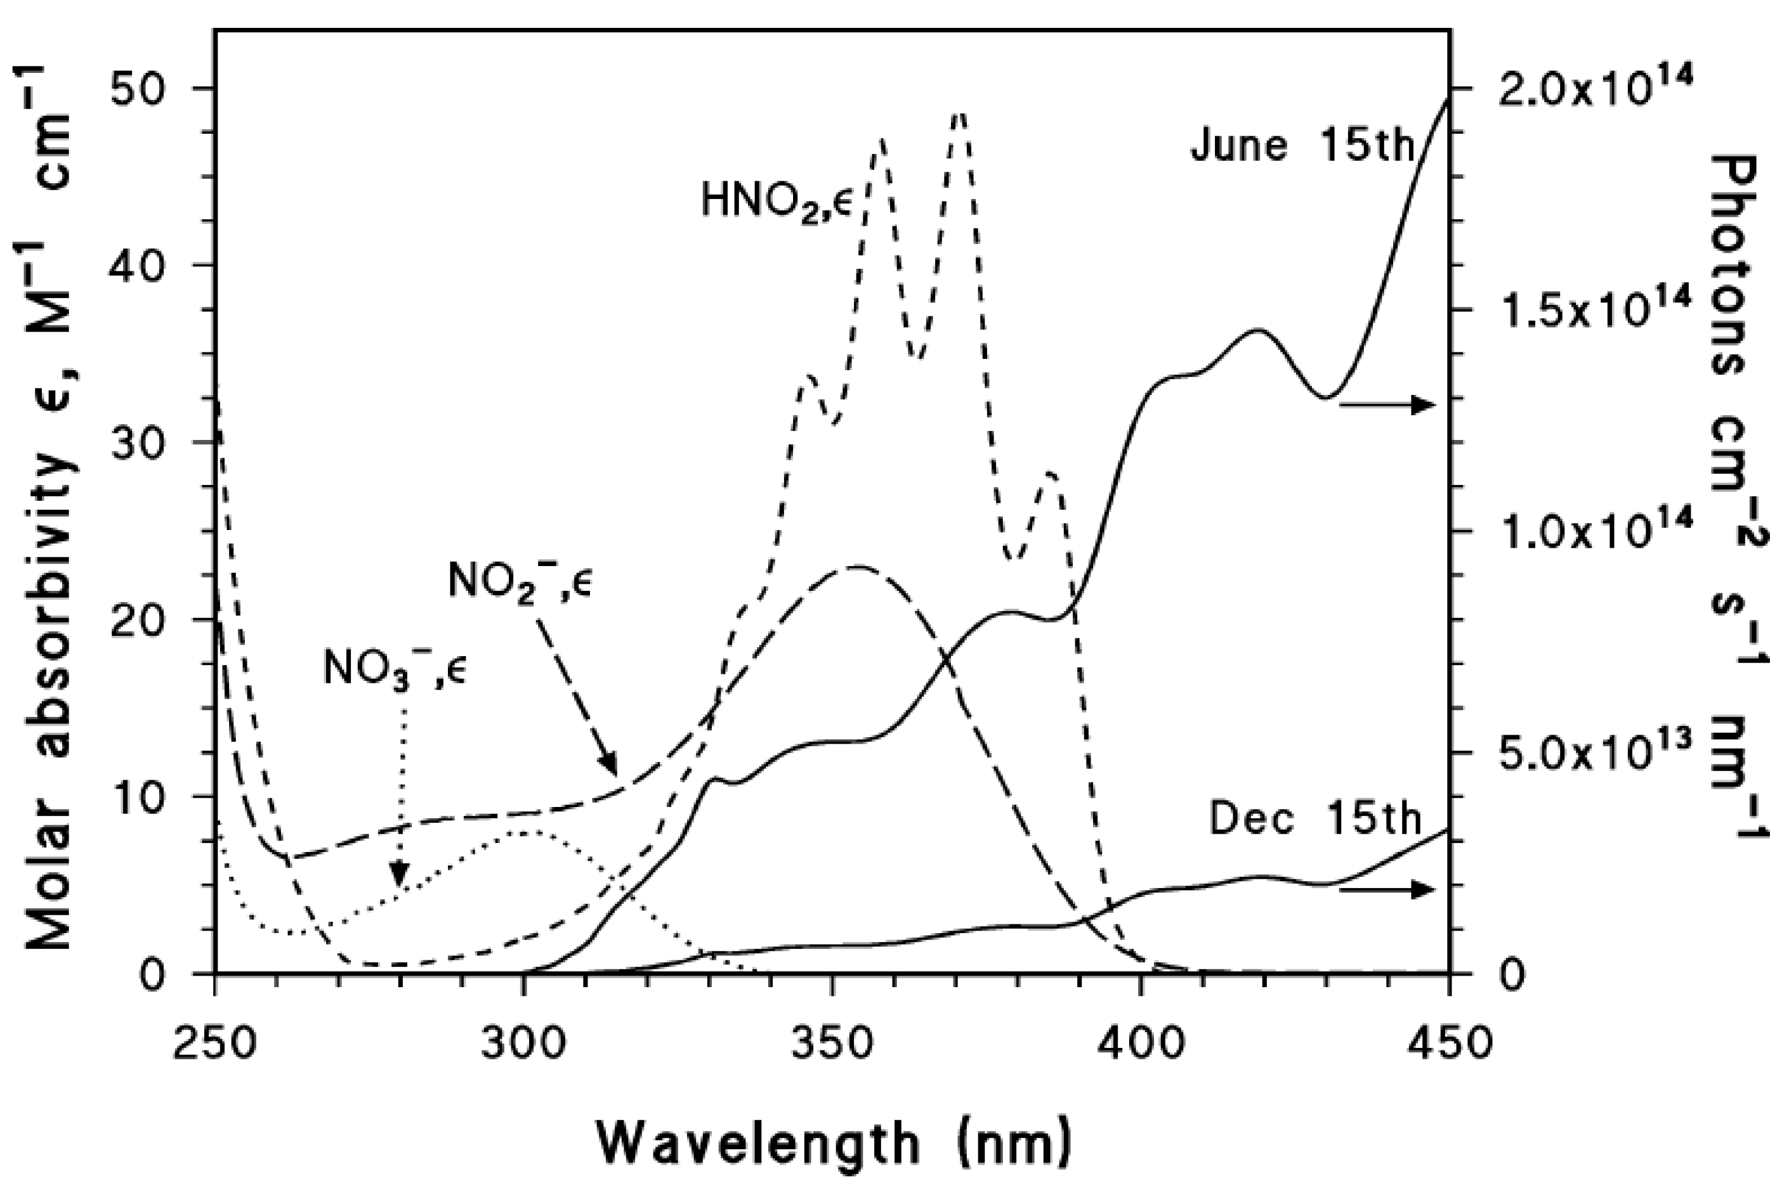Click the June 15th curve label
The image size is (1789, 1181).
tap(1302, 145)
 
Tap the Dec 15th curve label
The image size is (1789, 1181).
tap(1314, 820)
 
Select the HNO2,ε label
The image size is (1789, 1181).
tap(777, 202)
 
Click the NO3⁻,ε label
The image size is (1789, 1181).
tap(395, 668)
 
